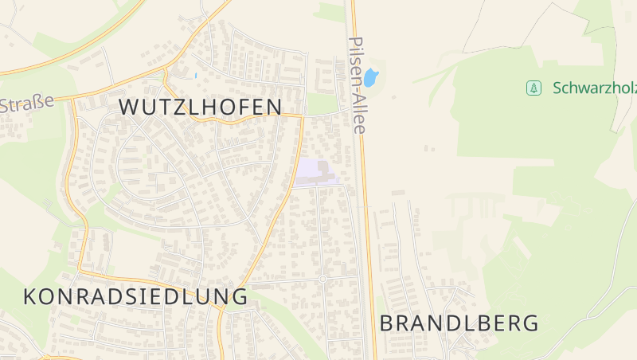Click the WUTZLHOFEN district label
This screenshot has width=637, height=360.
click(201, 107)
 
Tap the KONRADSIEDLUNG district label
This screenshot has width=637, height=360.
click(135, 296)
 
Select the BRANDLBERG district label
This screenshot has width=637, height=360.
click(459, 323)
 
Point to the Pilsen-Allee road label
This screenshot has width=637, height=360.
click(357, 84)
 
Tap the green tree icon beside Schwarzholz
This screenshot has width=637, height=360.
click(533, 88)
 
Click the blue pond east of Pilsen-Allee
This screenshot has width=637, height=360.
click(371, 78)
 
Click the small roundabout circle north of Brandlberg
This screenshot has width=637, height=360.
click(322, 279)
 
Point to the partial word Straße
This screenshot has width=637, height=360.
click(27, 104)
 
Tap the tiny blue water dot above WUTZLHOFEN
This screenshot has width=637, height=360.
click(195, 76)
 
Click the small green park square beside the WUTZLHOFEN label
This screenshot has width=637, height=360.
click(322, 104)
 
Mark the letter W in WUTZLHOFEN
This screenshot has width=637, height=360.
click(130, 107)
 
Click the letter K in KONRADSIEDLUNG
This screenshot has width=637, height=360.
click(31, 296)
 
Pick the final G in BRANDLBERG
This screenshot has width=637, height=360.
click(530, 323)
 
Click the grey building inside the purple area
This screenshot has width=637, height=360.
click(323, 169)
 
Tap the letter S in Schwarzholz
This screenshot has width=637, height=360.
click(557, 88)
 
